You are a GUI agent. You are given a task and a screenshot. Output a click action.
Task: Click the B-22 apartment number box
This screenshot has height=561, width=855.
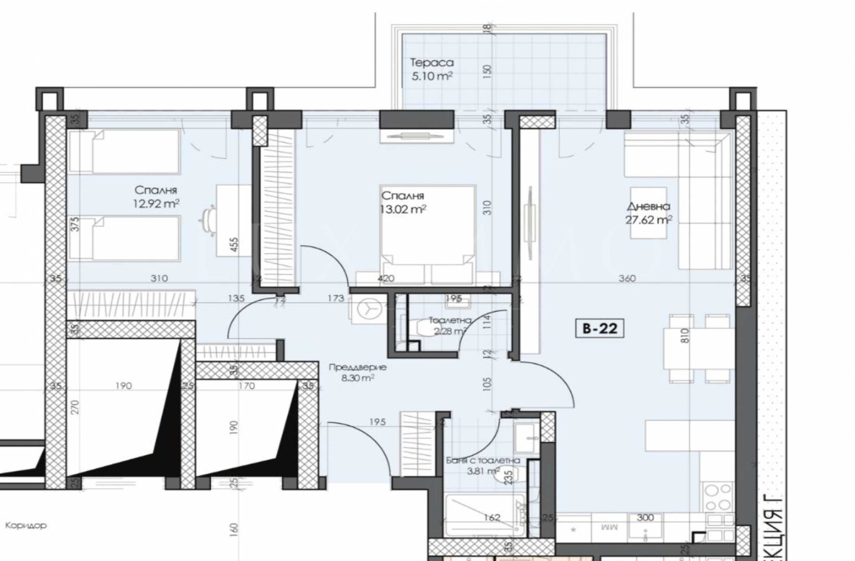click(600, 328)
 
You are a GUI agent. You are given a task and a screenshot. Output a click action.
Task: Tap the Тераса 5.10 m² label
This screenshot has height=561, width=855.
click(432, 70)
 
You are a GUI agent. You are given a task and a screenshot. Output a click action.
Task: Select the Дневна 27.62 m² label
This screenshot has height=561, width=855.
click(648, 213)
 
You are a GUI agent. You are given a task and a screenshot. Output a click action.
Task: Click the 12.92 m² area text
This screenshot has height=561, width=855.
click(156, 204)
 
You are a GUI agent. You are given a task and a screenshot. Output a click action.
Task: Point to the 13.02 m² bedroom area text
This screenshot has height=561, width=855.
click(403, 210)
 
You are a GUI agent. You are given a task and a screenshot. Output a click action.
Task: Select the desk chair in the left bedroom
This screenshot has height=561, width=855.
click(209, 219)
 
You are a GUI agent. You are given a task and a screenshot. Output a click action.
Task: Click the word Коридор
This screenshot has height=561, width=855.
click(26, 525)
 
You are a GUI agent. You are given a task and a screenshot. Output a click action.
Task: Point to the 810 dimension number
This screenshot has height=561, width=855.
click(686, 336)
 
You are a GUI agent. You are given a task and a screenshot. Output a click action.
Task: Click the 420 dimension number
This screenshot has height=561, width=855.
click(386, 278)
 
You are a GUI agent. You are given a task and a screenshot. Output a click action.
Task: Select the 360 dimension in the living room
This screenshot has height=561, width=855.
click(627, 278)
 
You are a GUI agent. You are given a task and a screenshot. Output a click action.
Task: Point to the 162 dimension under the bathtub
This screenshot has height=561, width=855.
click(491, 517)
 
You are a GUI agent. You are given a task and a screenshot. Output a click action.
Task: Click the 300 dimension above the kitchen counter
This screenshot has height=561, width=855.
click(646, 517)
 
